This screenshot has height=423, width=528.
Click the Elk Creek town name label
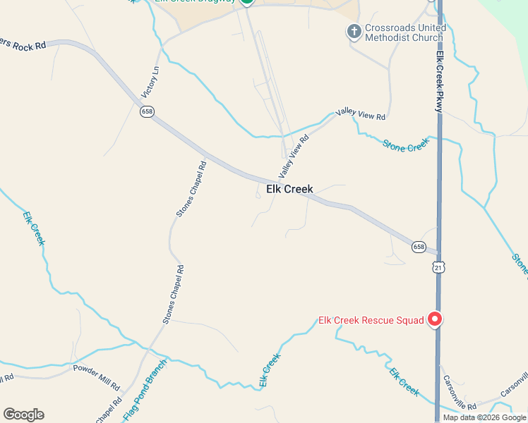(289, 189)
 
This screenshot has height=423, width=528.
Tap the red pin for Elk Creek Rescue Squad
(435, 319)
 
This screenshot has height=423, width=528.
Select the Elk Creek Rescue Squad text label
(371, 320)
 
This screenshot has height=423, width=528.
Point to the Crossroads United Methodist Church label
(405, 32)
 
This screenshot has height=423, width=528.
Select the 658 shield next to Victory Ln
(147, 111)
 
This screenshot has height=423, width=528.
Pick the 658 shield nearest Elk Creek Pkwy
(419, 247)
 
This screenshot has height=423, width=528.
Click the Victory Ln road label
(151, 82)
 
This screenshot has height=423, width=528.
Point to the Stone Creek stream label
(406, 144)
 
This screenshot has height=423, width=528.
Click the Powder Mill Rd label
(97, 378)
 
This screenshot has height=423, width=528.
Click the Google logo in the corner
(23, 415)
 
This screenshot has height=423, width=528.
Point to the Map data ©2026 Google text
(484, 417)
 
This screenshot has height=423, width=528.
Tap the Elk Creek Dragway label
(195, 1)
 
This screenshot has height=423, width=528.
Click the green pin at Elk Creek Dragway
(246, 1)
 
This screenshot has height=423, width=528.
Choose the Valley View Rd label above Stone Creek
(361, 114)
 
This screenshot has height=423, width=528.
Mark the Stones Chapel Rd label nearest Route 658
(191, 189)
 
